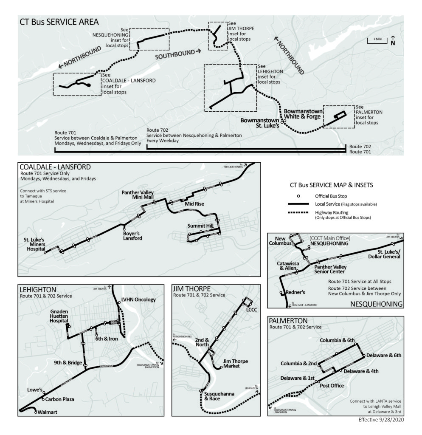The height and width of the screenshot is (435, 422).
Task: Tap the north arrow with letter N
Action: [x=393, y=41]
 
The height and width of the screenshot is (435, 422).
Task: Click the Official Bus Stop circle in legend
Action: [x=298, y=196]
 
